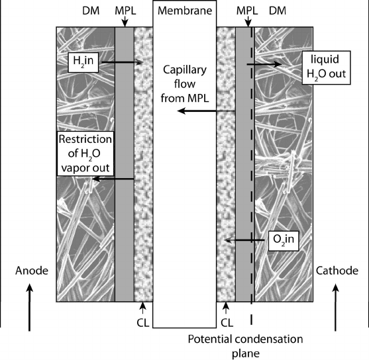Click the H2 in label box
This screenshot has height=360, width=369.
(x=83, y=62)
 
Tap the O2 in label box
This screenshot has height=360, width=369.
(x=284, y=241)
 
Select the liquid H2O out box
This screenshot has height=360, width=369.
(x=326, y=67)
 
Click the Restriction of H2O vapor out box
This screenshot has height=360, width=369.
(x=85, y=154)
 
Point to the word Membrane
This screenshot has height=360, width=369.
(x=185, y=11)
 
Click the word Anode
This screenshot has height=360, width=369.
(x=32, y=271)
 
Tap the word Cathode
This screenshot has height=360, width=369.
(x=337, y=271)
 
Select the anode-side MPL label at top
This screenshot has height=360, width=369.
(x=125, y=11)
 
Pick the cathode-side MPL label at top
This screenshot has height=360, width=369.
(x=247, y=11)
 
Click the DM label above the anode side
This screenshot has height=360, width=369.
(x=91, y=11)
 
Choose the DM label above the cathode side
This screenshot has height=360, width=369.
(x=278, y=11)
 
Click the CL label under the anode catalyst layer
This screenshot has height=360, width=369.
(x=143, y=323)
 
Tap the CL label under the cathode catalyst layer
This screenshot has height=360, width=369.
(x=227, y=323)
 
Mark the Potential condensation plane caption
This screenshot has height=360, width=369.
(x=246, y=346)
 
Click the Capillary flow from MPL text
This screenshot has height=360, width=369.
(x=185, y=84)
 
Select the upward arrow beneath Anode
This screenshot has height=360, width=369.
(x=29, y=307)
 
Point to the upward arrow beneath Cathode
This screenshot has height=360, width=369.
(x=336, y=307)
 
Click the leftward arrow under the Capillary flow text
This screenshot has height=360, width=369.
(x=206, y=111)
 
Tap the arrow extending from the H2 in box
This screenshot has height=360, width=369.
(x=123, y=62)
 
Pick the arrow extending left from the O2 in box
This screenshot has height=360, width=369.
(x=244, y=240)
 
